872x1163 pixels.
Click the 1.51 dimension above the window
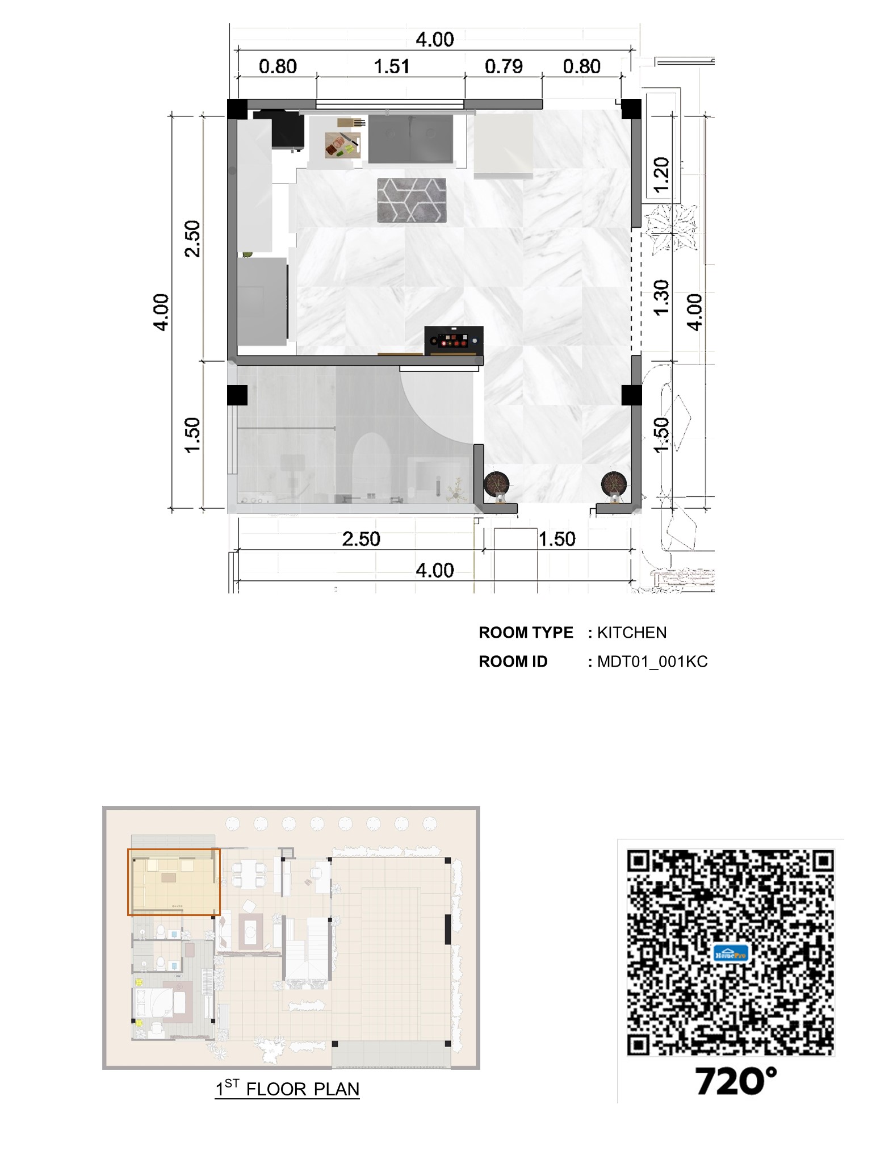(391, 67)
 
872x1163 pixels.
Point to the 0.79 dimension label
(503, 67)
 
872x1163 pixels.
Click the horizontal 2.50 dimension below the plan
(361, 539)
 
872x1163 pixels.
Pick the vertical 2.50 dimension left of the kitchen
(193, 239)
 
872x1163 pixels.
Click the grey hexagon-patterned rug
(412, 200)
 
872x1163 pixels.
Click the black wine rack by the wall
(454, 341)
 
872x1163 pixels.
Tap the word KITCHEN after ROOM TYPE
(632, 633)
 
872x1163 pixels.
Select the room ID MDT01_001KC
(652, 662)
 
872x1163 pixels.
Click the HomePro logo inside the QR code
(731, 953)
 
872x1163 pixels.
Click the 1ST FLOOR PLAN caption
(287, 1089)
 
